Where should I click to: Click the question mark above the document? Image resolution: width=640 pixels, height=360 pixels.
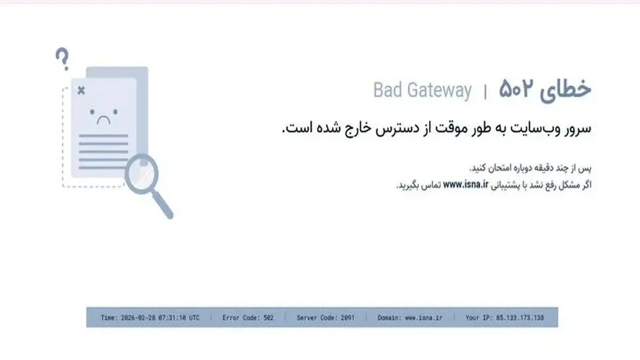[x=62, y=59]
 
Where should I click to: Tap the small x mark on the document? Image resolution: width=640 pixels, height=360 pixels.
[x=82, y=91]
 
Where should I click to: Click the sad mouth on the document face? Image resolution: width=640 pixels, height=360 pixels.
[x=103, y=120]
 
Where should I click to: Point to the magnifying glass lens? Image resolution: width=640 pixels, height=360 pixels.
[x=141, y=173]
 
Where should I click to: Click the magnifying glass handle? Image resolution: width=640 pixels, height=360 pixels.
[x=163, y=205]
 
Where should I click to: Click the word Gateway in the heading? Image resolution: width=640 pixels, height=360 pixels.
[x=439, y=91]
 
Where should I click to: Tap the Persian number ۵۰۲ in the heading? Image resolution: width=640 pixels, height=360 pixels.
[x=516, y=89]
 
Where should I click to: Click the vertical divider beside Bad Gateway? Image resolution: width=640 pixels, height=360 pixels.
[x=485, y=92]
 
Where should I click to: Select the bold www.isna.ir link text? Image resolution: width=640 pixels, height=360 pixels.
[x=466, y=185]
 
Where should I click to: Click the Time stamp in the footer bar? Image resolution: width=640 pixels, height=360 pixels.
[x=150, y=318]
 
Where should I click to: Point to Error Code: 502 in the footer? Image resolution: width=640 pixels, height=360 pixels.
[x=248, y=318]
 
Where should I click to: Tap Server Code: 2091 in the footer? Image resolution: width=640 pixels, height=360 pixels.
[x=325, y=318]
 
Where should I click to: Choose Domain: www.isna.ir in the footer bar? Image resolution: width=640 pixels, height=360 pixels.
[x=410, y=318]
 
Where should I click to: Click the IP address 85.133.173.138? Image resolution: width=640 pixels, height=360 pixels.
[x=520, y=318]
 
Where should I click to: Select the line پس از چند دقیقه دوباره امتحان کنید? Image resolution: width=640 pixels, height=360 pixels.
[x=530, y=168]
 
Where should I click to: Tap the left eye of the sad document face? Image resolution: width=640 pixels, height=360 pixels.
[x=92, y=112]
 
